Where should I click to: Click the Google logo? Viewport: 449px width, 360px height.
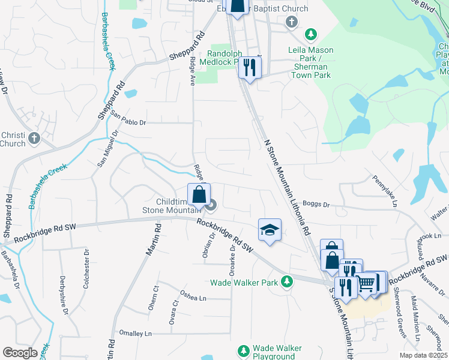(x=20, y=353)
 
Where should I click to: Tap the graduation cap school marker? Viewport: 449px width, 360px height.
(x=270, y=230)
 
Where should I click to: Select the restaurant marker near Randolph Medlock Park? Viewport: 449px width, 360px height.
(x=250, y=67)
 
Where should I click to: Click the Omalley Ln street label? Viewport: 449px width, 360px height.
(x=136, y=334)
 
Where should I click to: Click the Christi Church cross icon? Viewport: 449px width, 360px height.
(x=34, y=139)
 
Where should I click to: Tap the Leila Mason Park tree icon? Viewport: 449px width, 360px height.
(x=311, y=34)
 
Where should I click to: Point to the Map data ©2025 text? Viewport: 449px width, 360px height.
(x=423, y=355)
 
